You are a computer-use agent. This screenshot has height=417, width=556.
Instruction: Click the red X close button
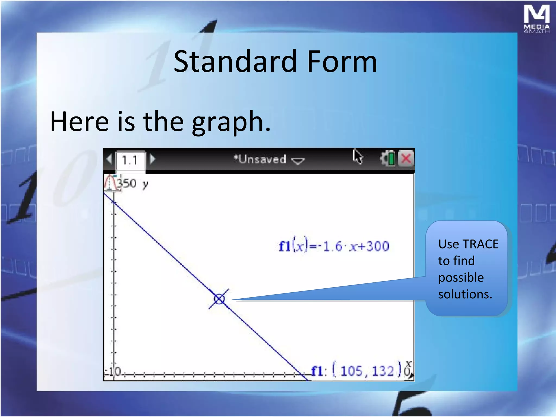[406, 159]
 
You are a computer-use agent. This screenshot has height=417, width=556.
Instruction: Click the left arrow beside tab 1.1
[109, 159]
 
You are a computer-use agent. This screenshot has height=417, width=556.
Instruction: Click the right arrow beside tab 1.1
[153, 159]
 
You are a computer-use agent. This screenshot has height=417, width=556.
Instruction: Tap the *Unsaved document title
[260, 159]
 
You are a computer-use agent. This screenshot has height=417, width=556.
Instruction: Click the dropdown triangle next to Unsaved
[298, 161]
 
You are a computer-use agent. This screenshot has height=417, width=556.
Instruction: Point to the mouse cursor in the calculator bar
[358, 156]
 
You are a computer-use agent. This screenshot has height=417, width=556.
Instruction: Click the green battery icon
[391, 159]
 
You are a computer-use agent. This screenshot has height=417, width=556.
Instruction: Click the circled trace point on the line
[219, 299]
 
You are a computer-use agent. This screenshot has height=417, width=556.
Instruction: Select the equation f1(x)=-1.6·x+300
[334, 247]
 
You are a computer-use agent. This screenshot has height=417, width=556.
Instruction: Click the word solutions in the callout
[465, 294]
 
